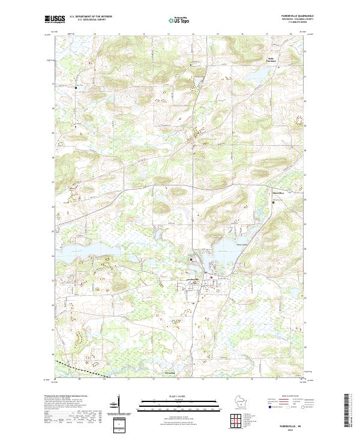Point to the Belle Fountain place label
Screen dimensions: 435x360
click(x=272, y=59)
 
